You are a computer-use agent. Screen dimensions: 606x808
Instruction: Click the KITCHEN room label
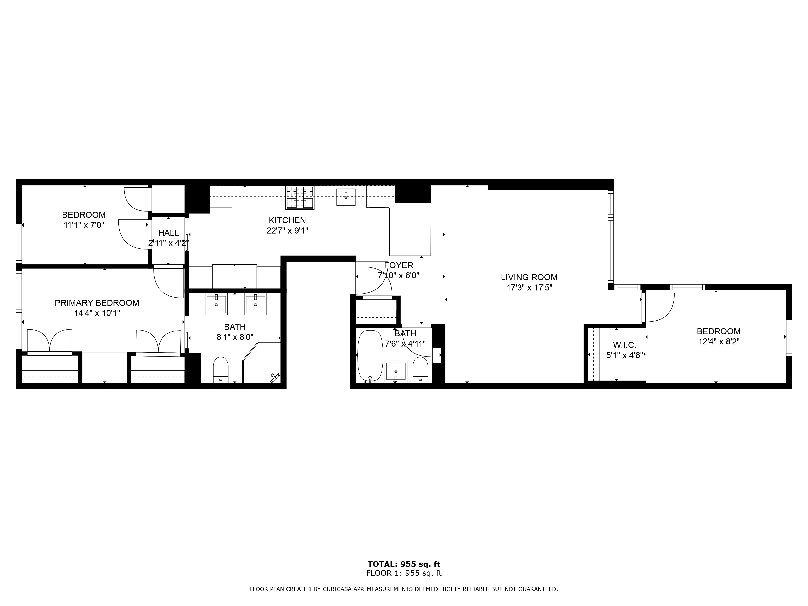click(287, 220)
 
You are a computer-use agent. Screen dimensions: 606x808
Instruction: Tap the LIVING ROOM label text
click(529, 277)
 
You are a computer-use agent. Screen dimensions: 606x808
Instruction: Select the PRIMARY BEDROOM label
click(97, 303)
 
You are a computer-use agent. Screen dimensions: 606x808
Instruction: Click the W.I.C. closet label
click(624, 345)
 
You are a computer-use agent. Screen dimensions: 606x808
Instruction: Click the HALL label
click(168, 233)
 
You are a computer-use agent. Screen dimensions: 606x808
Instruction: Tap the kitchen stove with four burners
click(300, 197)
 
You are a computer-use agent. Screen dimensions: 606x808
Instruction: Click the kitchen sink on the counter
click(346, 197)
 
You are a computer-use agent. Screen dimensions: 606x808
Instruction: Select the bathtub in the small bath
click(370, 356)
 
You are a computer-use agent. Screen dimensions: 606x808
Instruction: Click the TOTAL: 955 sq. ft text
click(404, 564)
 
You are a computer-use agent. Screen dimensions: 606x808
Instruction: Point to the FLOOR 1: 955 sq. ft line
click(404, 573)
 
